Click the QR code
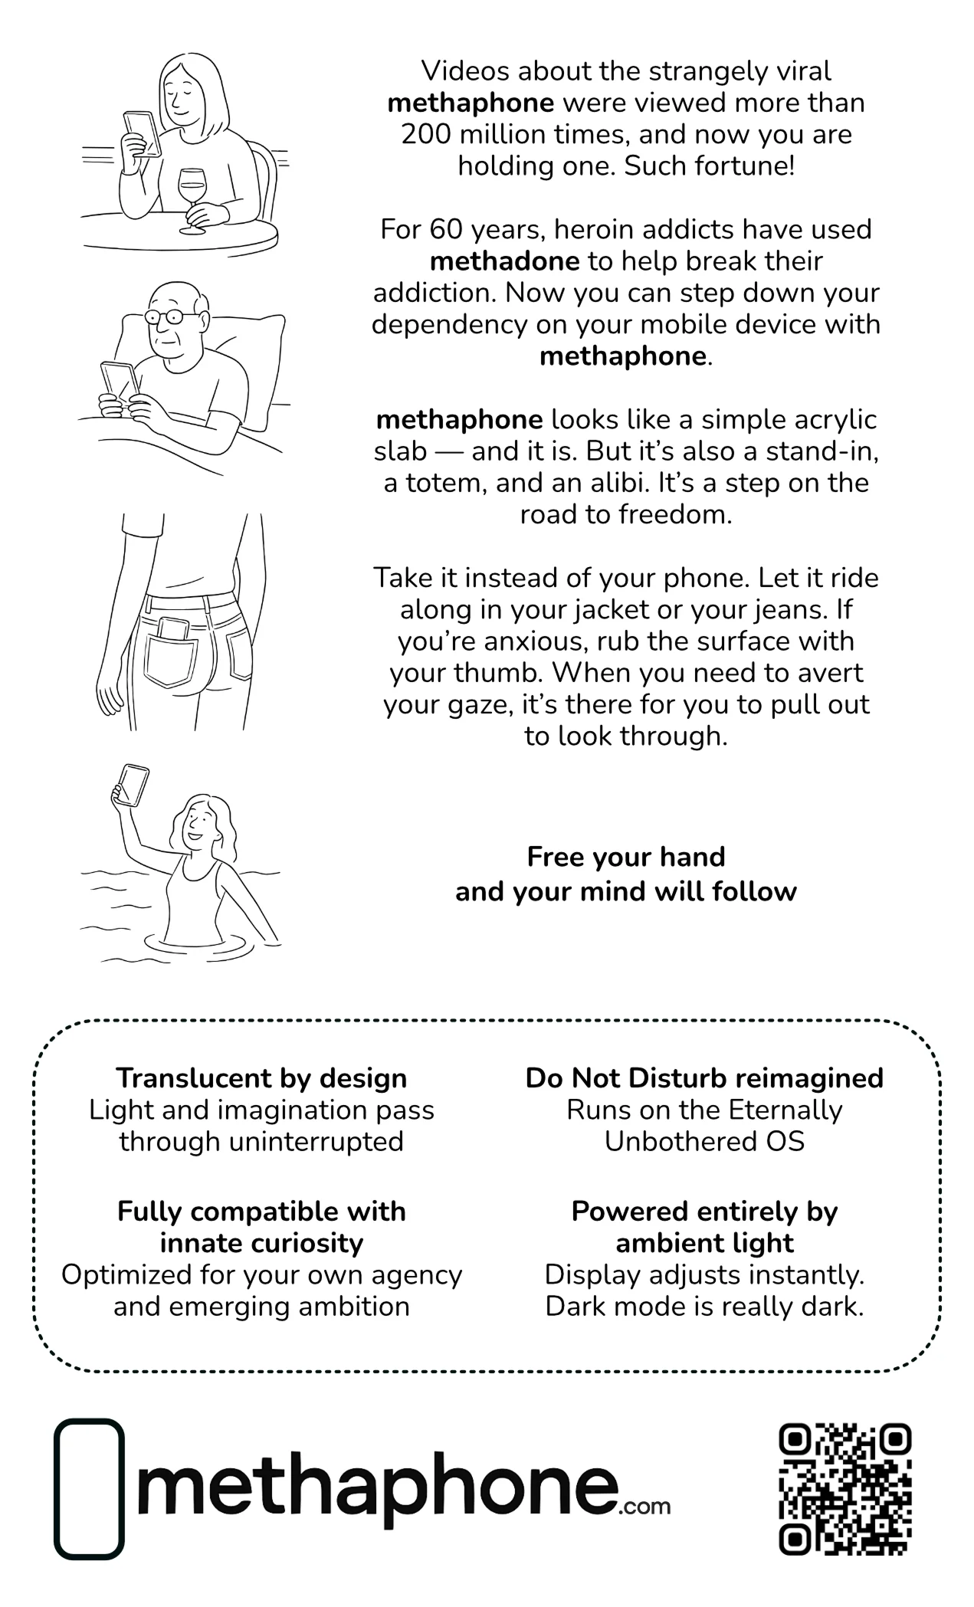(x=844, y=1490)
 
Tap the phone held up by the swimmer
(x=131, y=785)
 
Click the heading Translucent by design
(x=261, y=1078)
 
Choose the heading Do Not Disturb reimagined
(x=704, y=1078)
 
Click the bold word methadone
(x=504, y=261)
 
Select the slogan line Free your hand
(x=626, y=857)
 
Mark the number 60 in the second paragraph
(x=444, y=230)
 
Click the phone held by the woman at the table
(x=143, y=133)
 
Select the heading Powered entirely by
(x=704, y=1212)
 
